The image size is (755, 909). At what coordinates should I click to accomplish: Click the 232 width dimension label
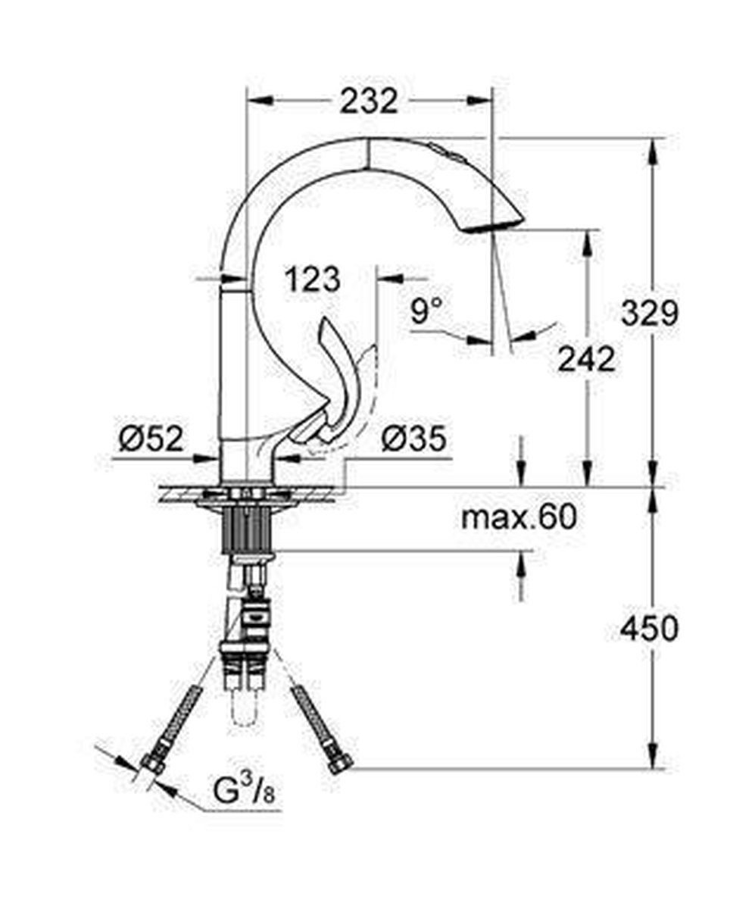point(368,101)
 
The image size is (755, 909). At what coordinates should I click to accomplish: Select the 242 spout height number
point(586,360)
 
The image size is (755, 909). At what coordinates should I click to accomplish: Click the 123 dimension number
point(312,280)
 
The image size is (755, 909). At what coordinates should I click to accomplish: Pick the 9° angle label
point(426,311)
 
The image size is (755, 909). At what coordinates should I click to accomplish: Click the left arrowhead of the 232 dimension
point(258,101)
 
